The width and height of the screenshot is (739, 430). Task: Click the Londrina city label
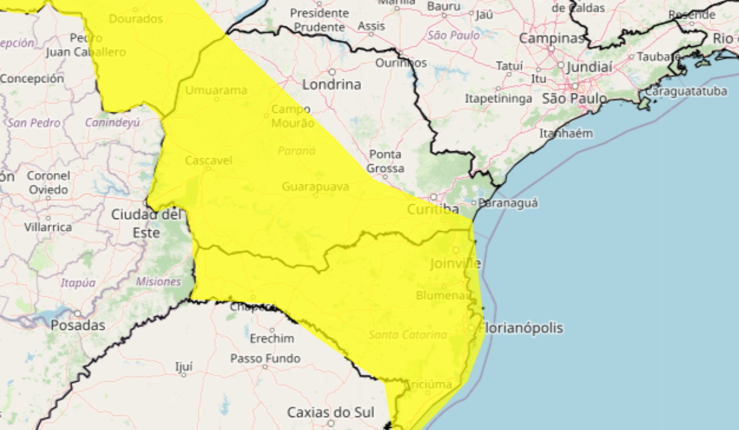coord(331,85)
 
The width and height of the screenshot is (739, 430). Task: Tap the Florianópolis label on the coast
coord(522,328)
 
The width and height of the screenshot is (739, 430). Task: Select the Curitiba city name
coord(433,210)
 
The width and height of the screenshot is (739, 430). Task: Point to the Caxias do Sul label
coord(331,413)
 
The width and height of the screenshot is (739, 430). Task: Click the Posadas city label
coord(78,325)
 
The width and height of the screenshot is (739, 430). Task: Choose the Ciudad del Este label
coord(147,223)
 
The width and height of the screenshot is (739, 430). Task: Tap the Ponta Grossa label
coord(385,161)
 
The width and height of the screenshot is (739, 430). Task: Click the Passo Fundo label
coord(265,358)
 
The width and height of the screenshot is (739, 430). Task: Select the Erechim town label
coord(272,339)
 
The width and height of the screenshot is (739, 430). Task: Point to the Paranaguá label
coord(508,203)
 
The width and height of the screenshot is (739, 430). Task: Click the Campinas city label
coord(551,39)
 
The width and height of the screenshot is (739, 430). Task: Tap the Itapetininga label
coord(498,99)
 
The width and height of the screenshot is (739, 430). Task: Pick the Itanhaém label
coord(566,134)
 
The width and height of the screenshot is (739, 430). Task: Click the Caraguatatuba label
coord(686,91)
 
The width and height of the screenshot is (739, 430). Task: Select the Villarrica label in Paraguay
coord(48,227)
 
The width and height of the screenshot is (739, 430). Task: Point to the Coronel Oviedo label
coord(48,183)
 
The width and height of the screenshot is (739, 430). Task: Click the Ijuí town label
coord(184,367)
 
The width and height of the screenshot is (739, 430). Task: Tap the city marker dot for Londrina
coord(332,72)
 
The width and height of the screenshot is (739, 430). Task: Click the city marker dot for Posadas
coord(78,314)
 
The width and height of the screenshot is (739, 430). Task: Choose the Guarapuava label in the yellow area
coord(316,186)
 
